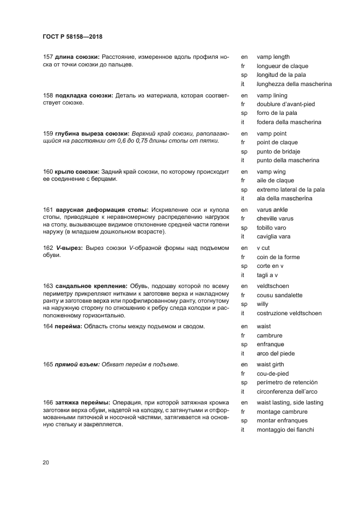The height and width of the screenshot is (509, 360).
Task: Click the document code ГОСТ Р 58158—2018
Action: (x=72, y=37)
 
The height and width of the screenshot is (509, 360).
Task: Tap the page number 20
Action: (x=46, y=463)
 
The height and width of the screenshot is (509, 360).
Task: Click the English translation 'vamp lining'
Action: (x=272, y=95)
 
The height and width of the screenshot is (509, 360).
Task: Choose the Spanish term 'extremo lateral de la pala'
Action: (x=290, y=189)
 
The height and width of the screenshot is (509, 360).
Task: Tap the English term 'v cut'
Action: (x=264, y=248)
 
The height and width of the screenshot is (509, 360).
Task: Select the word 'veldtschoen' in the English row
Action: (x=272, y=286)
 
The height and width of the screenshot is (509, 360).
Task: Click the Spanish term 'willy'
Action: (x=263, y=304)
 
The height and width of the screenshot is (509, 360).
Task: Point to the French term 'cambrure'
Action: (x=270, y=335)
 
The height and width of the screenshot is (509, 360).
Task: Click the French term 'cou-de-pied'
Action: (x=272, y=373)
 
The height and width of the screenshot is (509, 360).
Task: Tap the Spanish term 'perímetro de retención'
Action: (x=287, y=383)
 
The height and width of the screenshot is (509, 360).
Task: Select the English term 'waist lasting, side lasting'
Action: (x=290, y=402)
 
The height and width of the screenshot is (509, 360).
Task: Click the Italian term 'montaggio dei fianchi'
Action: (x=285, y=430)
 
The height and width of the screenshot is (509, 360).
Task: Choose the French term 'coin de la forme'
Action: (x=278, y=257)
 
